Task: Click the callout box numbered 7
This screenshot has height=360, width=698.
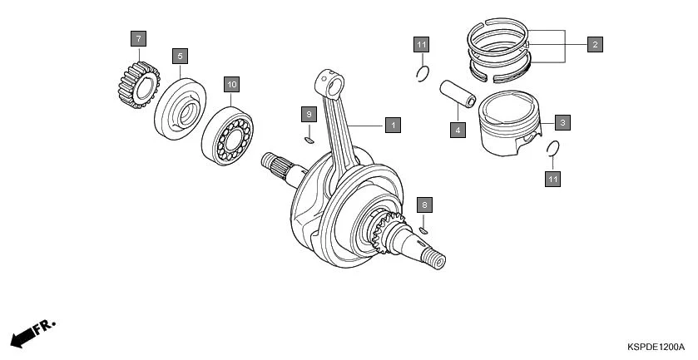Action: (x=138, y=38)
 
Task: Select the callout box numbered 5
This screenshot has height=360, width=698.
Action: (x=180, y=56)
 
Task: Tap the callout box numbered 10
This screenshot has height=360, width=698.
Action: (x=231, y=84)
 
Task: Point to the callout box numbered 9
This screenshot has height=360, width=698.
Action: (x=308, y=113)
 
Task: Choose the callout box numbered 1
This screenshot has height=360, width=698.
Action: (x=393, y=125)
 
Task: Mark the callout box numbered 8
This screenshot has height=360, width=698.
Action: (x=423, y=204)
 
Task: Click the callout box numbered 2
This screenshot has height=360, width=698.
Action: (x=594, y=43)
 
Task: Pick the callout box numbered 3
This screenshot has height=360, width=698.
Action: (x=562, y=123)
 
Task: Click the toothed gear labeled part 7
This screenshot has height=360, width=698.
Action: (x=134, y=85)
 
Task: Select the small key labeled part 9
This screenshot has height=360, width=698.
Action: (x=309, y=141)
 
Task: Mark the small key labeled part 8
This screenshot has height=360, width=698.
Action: (x=423, y=230)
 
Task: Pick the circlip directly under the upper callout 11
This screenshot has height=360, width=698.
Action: (x=422, y=74)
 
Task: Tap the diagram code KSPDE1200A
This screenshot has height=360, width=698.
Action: (x=656, y=347)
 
